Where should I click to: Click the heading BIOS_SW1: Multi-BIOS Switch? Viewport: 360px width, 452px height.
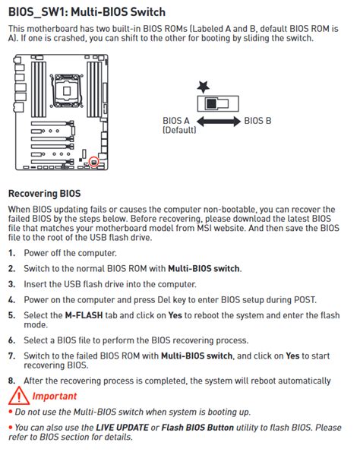click(87, 13)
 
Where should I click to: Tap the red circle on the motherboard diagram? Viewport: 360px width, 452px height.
click(93, 161)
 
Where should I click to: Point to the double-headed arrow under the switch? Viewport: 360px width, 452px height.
click(220, 121)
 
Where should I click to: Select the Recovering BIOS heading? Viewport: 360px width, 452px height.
click(44, 194)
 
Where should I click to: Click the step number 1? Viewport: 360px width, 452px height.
click(11, 253)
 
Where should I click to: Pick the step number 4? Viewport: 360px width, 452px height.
click(11, 299)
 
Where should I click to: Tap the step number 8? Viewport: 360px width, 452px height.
click(11, 380)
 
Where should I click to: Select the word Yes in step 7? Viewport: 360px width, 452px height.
click(293, 355)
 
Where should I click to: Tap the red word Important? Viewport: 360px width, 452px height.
click(55, 396)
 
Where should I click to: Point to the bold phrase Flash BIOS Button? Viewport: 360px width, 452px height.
click(200, 426)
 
